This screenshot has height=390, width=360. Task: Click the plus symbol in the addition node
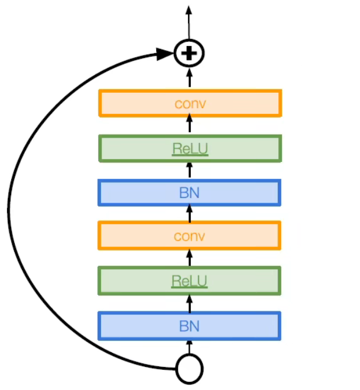[x=189, y=54]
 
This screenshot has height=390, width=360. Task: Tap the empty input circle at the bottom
[x=189, y=369]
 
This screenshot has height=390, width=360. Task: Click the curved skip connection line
[x=9, y=213]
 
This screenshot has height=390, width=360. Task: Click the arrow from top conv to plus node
[x=190, y=78]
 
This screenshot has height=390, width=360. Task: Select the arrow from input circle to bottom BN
[x=190, y=347]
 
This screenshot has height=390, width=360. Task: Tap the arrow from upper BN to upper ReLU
[x=190, y=170]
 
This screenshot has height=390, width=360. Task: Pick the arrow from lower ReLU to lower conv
[x=190, y=258]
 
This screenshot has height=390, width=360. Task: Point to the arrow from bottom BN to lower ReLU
[x=190, y=303]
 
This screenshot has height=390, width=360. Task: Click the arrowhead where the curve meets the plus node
[x=166, y=54]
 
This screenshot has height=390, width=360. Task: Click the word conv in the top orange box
[x=190, y=103]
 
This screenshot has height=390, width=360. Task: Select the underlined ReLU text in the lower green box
[x=190, y=281]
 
